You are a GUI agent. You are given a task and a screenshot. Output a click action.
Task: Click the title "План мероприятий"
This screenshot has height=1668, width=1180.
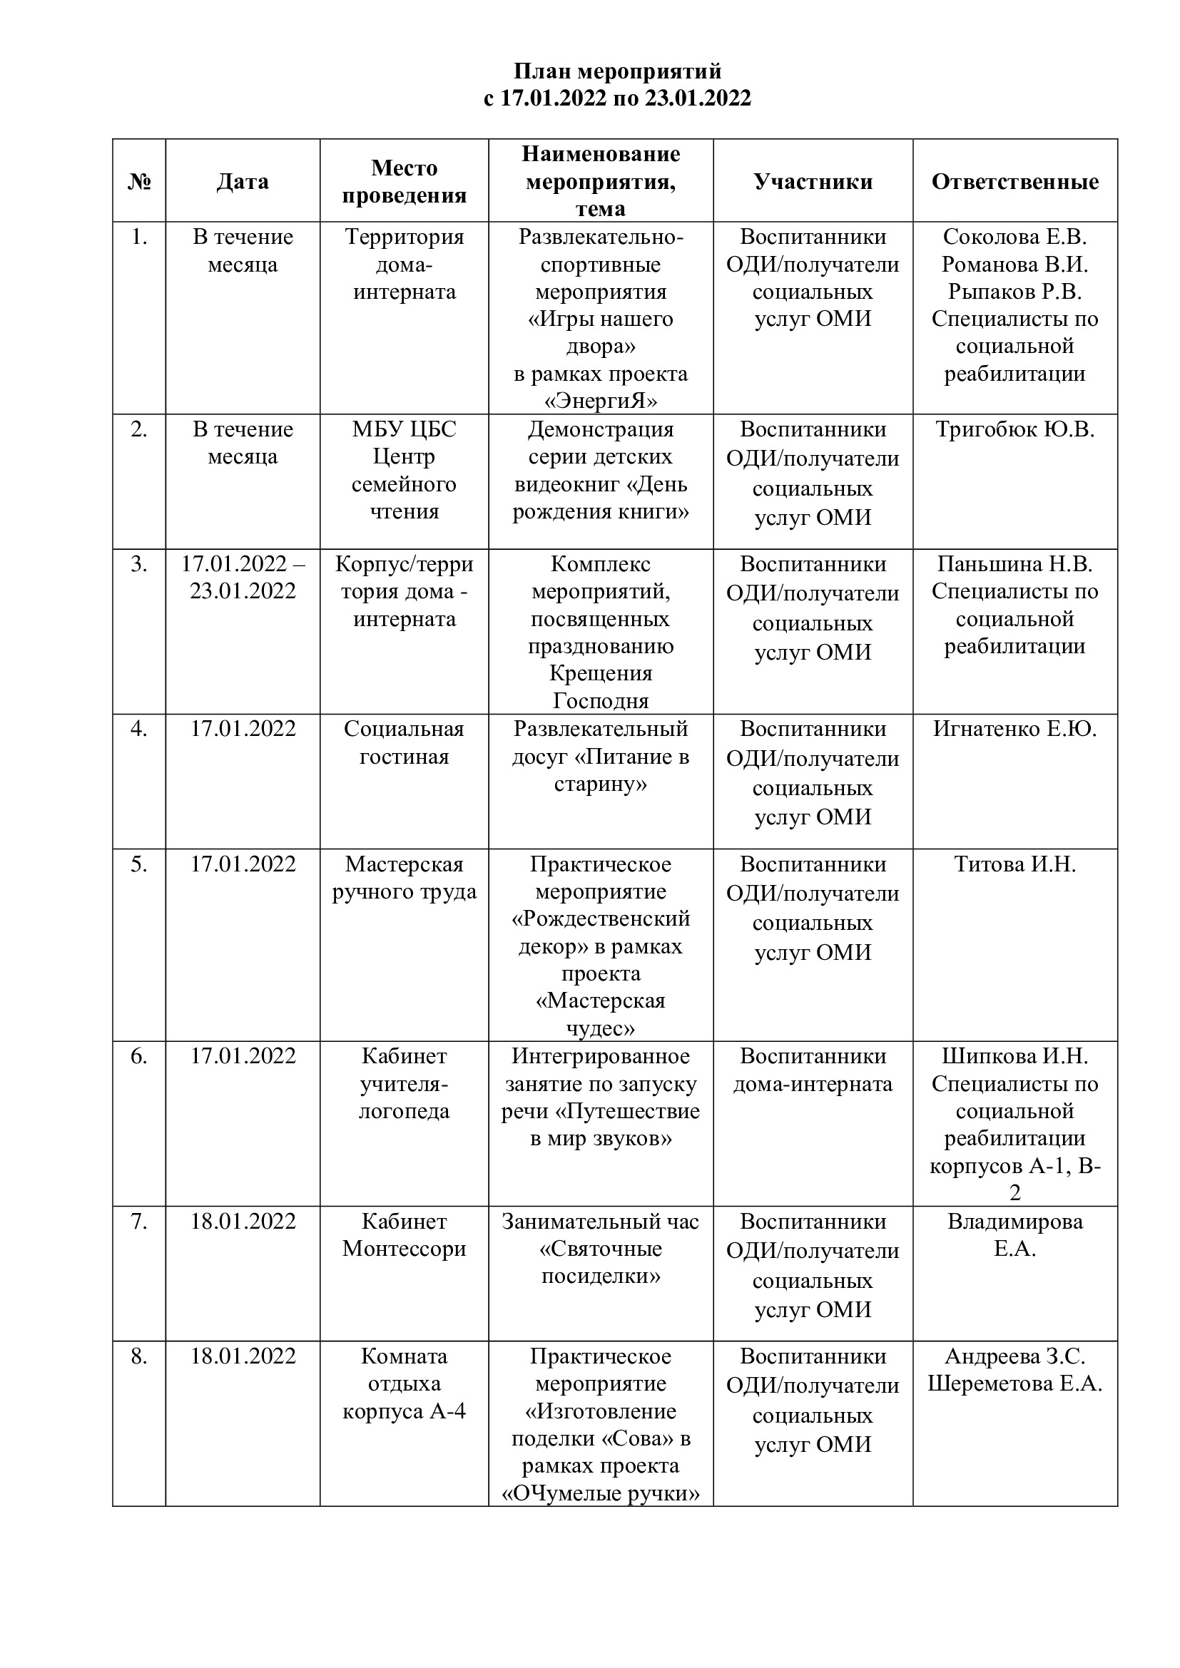coord(618,71)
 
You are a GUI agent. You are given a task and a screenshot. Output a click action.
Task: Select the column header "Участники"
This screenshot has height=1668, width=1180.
coord(813,181)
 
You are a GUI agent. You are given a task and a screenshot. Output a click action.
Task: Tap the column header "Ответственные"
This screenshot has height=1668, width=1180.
coord(1014,181)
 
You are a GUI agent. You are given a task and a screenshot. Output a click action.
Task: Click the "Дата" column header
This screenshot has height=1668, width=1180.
coord(243,181)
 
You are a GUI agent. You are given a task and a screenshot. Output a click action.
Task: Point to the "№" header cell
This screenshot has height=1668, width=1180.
coord(139,181)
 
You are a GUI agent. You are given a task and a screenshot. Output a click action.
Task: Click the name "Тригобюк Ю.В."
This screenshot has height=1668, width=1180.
coord(1014,429)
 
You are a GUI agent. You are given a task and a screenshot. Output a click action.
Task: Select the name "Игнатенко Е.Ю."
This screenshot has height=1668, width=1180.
coord(1014,729)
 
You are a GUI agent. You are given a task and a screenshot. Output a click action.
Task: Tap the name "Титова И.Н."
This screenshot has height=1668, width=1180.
coord(1014,864)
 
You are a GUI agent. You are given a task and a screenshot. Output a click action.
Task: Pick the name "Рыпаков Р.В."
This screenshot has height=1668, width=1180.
coord(1014,292)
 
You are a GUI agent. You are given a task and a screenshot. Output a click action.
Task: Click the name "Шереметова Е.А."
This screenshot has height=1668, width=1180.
coord(1014,1384)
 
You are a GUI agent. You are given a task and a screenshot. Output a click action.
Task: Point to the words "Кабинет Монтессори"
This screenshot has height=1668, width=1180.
coord(404,1235)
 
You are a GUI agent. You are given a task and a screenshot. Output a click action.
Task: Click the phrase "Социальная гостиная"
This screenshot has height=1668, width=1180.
coord(404,742)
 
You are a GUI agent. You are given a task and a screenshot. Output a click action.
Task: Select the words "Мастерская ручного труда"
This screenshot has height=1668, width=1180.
coord(404,878)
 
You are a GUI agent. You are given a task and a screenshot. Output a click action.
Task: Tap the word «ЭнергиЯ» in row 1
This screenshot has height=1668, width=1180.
coord(600,401)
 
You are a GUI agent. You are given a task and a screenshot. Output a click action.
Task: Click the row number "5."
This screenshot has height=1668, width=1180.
coord(139,864)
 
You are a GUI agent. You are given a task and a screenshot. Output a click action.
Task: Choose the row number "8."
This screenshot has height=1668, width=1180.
coord(139,1356)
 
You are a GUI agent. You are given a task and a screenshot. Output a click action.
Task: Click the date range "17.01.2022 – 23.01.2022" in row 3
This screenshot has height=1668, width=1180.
coord(243,578)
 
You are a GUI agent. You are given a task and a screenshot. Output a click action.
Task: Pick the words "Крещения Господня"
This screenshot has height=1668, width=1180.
coord(600,687)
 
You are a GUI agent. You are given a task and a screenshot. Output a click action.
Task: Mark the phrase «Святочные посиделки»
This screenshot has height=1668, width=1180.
coord(600,1263)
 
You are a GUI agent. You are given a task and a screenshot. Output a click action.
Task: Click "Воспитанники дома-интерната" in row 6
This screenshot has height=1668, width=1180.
coord(813,1070)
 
